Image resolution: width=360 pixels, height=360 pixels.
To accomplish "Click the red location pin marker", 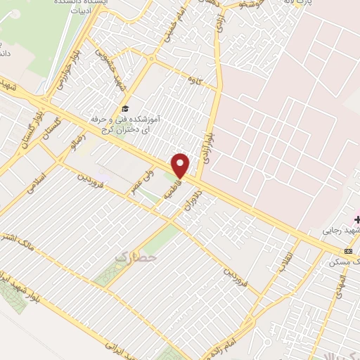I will pos(181,165).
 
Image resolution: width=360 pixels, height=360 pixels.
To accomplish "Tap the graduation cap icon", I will pos(124,108).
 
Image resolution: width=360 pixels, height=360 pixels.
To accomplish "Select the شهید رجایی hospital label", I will pos(342,230).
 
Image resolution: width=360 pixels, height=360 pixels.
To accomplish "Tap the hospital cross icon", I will pos(348,219).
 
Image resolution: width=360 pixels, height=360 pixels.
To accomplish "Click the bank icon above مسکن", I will pos(348,251).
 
